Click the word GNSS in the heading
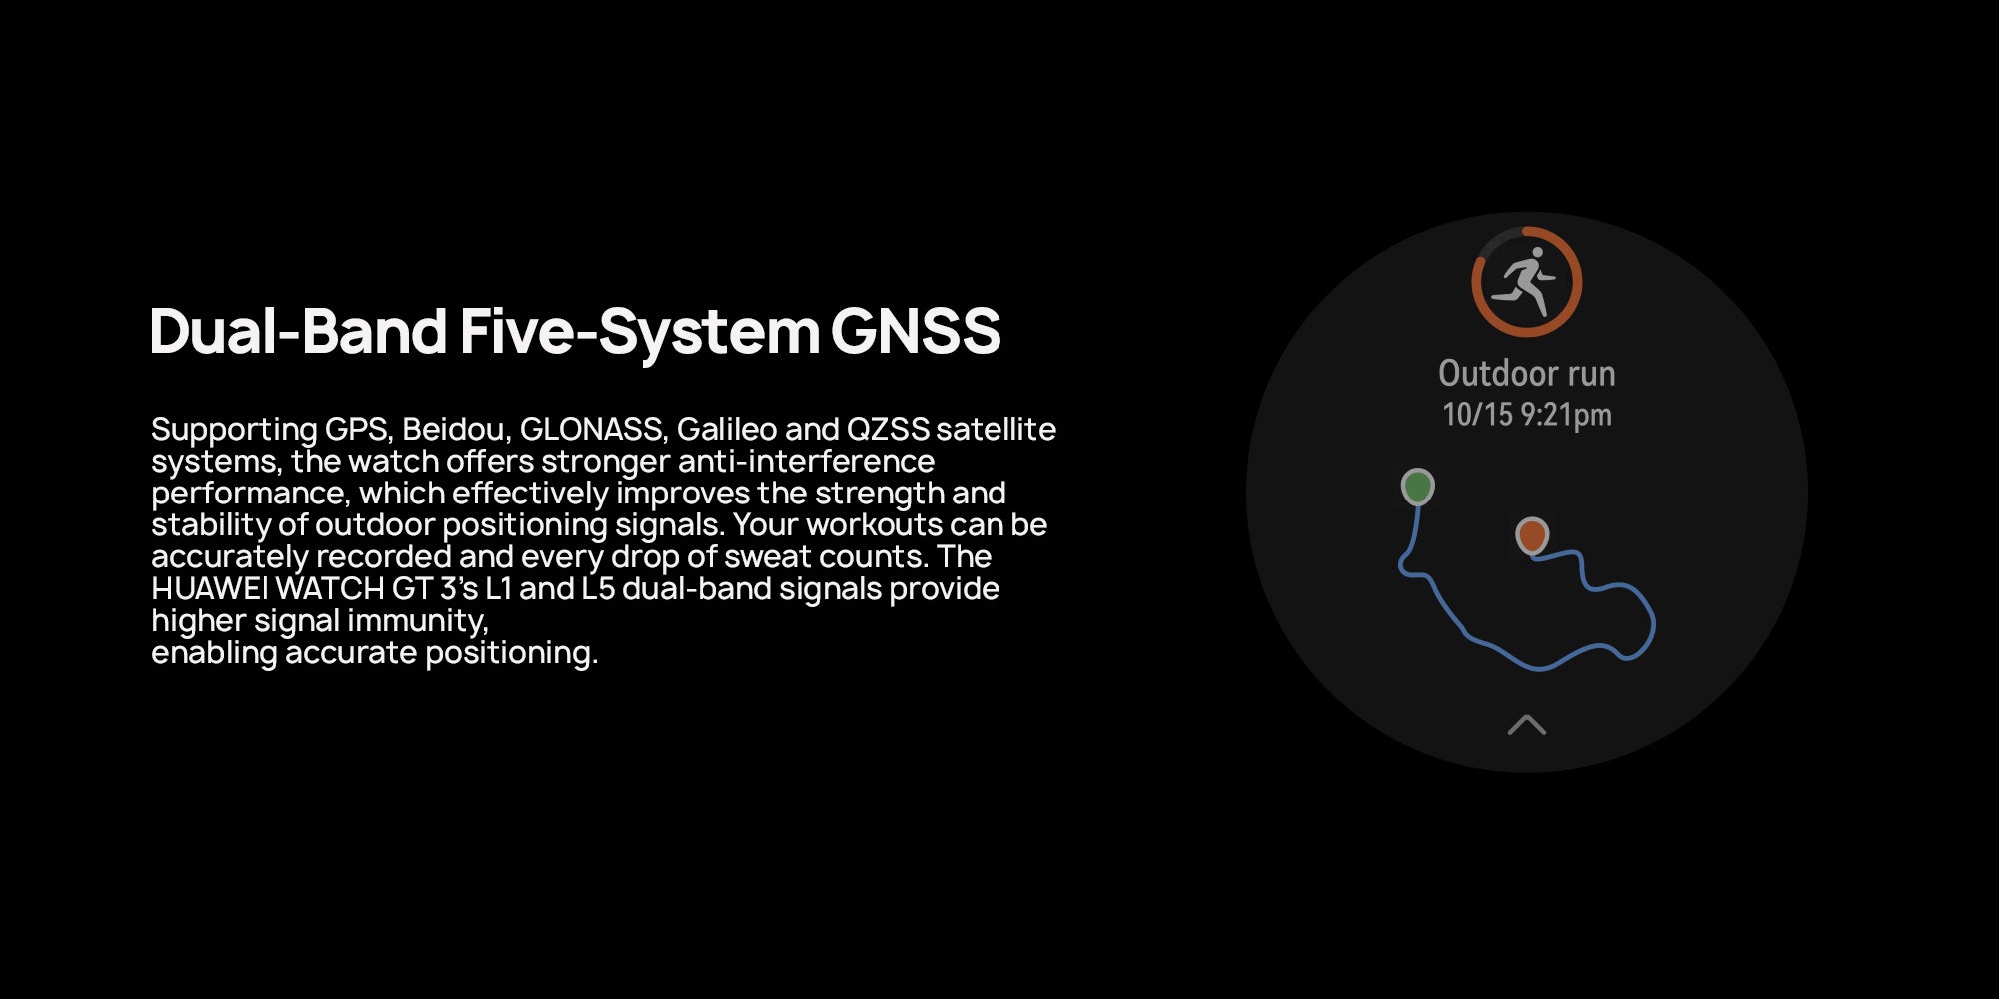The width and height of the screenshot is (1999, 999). click(x=916, y=331)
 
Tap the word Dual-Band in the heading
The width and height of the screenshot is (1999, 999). click(x=298, y=331)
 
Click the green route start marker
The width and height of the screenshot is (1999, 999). click(x=1417, y=487)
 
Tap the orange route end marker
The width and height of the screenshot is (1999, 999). click(x=1532, y=535)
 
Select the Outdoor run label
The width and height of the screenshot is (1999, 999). click(x=1526, y=373)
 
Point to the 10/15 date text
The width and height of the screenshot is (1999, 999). click(x=1477, y=414)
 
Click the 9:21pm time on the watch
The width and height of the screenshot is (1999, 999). click(x=1566, y=415)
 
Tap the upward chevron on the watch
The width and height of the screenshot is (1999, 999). click(x=1526, y=724)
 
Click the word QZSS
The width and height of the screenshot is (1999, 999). click(x=888, y=429)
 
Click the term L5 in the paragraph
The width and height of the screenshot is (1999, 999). click(x=598, y=588)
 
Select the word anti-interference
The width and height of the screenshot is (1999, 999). click(x=806, y=461)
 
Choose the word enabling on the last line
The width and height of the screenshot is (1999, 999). click(x=214, y=653)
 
